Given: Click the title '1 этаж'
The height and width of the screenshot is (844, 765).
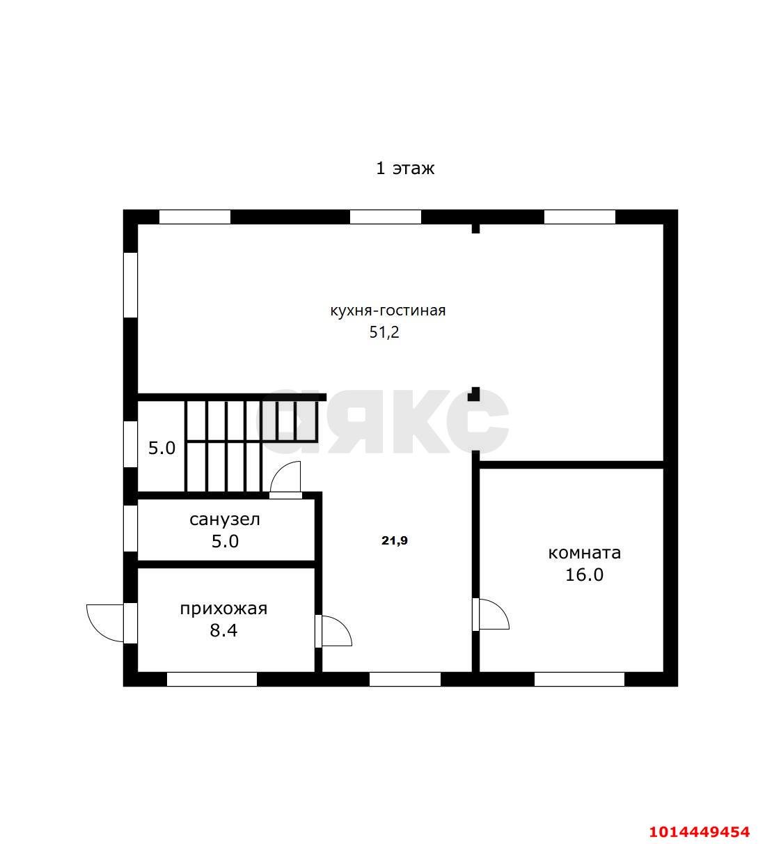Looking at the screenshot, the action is (x=404, y=169).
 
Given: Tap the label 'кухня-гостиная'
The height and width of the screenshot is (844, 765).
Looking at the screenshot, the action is (x=388, y=311).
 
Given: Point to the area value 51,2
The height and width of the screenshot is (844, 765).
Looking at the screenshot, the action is (x=384, y=333).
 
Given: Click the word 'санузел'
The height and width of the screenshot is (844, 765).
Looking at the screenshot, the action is (x=225, y=519).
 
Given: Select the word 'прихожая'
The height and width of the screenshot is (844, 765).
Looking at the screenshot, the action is (x=223, y=609).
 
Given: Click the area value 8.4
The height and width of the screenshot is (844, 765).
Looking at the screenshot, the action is (x=223, y=631).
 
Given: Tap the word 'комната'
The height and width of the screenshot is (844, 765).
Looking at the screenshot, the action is (x=585, y=553).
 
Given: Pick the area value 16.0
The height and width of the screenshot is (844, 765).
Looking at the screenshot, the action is (x=584, y=575).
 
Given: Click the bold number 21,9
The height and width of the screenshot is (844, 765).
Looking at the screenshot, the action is (x=395, y=540).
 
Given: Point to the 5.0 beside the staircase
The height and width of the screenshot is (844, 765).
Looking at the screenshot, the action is (x=162, y=448).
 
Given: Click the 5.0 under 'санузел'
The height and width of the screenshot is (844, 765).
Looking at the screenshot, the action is (x=225, y=542).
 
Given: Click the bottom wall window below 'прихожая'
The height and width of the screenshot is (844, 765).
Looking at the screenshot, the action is (x=212, y=680).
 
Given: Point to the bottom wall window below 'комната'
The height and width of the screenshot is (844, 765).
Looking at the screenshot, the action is (x=580, y=680).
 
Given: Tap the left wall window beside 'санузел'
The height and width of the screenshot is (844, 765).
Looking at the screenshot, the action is (x=130, y=529).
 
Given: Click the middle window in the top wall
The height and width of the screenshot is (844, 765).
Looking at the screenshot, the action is (x=386, y=217).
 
